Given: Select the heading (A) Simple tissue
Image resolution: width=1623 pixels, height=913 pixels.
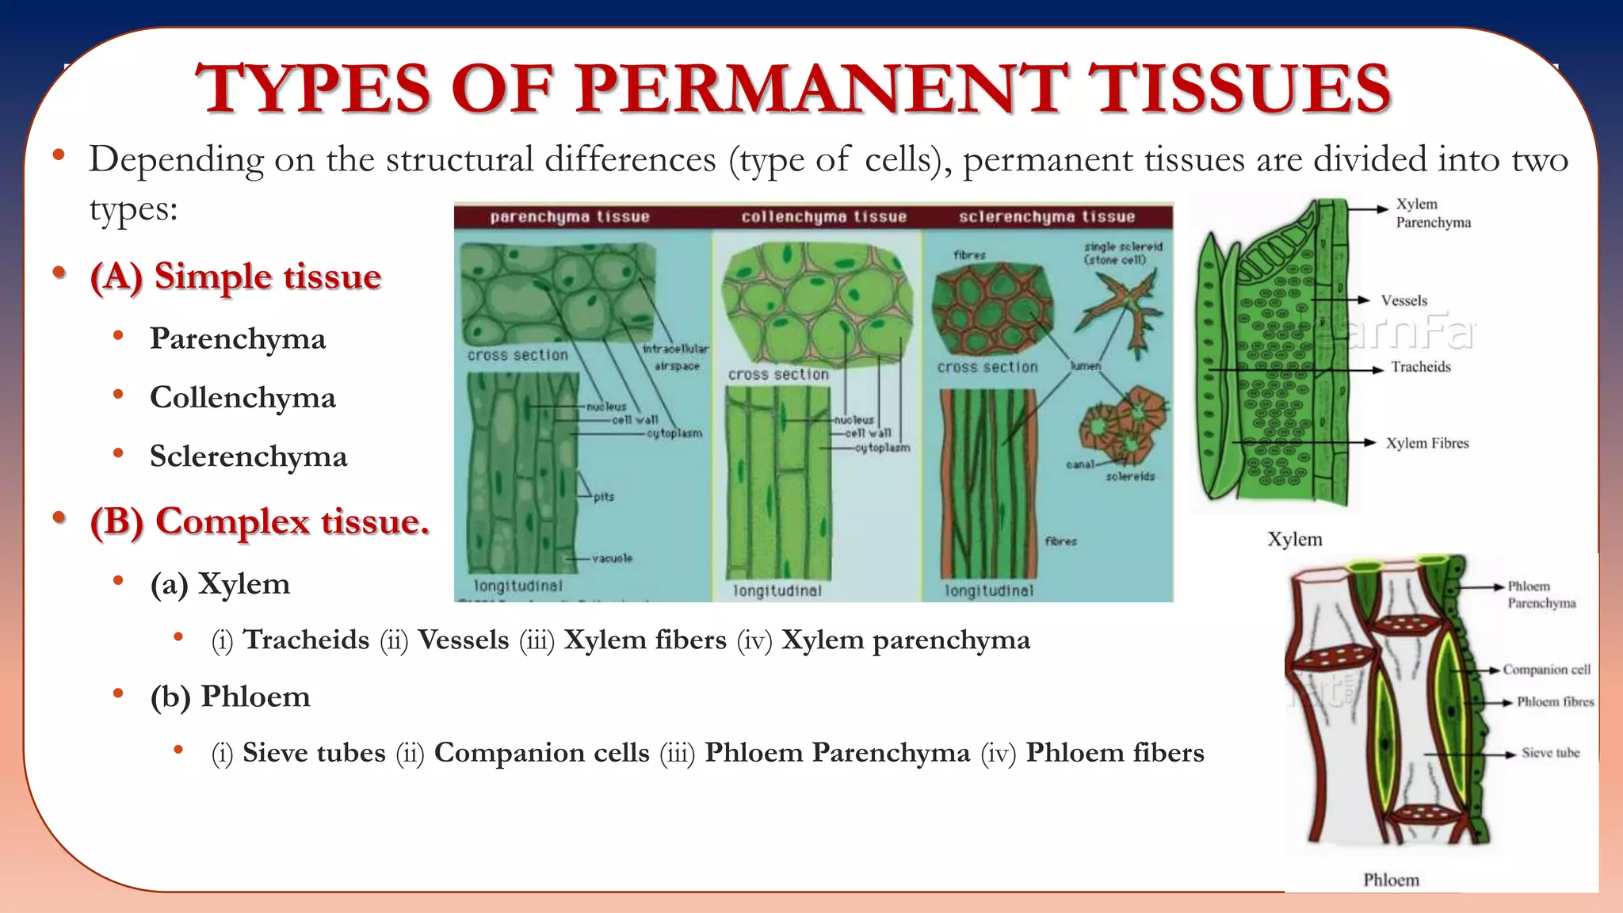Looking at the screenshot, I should (x=235, y=277).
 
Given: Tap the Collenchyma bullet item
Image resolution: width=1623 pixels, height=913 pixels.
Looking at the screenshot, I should (x=242, y=397).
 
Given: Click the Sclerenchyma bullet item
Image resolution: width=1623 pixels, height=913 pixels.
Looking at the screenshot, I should (x=248, y=456).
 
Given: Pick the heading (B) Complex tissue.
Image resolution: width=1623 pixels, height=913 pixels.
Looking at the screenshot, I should (x=260, y=521).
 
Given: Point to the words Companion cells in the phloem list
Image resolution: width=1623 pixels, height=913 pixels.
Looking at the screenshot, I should (x=541, y=752).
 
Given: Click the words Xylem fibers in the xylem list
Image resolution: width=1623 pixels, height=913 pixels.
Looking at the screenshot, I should (x=644, y=640).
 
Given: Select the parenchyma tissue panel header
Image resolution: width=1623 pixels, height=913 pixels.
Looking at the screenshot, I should (x=569, y=216).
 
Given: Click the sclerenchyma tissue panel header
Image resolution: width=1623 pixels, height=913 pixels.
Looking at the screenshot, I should (x=1046, y=216).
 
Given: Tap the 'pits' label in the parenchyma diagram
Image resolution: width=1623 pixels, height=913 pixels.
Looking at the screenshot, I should (x=603, y=497).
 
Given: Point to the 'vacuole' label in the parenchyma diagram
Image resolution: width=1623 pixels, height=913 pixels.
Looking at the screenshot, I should (x=611, y=558).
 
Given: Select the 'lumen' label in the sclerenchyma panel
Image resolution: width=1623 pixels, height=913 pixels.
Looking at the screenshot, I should (x=1085, y=366).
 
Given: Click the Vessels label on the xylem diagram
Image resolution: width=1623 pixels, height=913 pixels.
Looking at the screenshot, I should (x=1403, y=300).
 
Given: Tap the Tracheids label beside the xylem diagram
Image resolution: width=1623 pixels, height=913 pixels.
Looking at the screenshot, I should (x=1420, y=367).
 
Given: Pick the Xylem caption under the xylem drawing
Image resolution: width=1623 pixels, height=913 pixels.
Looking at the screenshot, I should (x=1294, y=539).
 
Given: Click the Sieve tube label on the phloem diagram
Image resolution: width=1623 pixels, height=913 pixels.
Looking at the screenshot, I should (x=1550, y=753).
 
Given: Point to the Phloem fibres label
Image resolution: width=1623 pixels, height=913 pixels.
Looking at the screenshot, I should (x=1554, y=701).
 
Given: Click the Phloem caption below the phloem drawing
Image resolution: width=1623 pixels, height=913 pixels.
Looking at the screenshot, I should (x=1391, y=880).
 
